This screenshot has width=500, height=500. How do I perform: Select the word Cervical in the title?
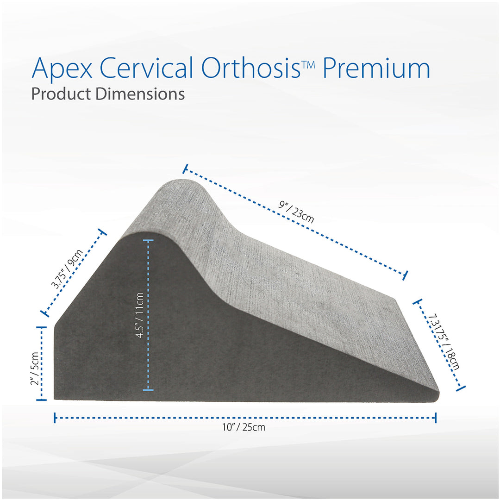(146, 68)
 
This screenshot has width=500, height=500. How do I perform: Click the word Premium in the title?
(376, 68)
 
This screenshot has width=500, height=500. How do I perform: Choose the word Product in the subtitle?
(61, 94)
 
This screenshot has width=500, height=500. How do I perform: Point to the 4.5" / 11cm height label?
(142, 316)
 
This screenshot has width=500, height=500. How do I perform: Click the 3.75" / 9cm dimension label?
(68, 270)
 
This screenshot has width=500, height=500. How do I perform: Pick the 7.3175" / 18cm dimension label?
(444, 341)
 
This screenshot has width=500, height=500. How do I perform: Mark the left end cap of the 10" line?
(56, 418)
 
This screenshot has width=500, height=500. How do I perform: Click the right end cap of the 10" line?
(435, 418)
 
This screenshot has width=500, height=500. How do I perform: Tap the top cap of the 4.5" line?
(148, 241)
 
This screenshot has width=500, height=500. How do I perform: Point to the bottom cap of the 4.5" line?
(148, 389)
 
